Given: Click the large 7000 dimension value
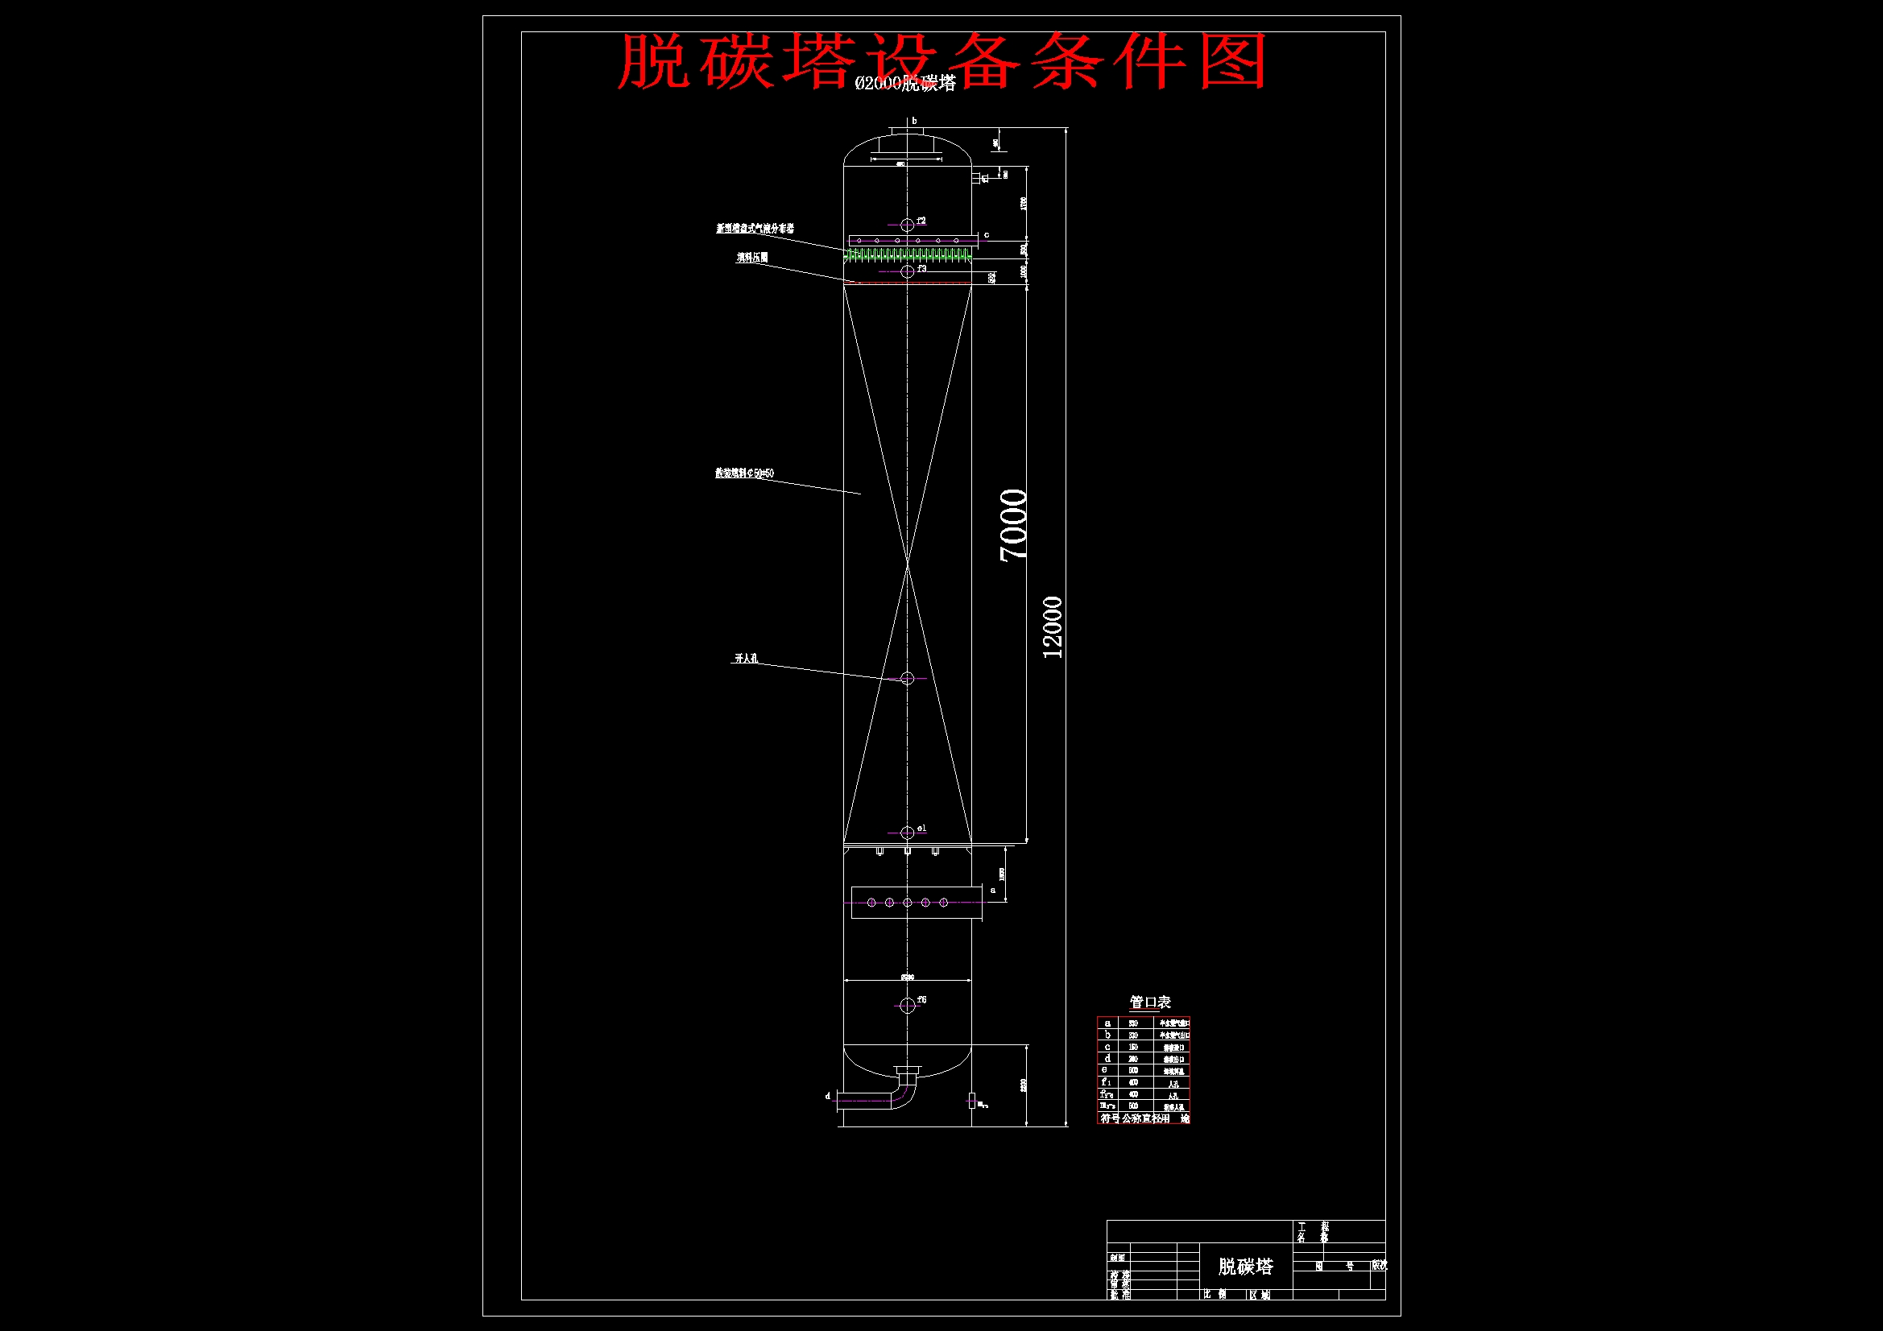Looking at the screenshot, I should click(1014, 525).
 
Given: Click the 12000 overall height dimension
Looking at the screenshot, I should click(1052, 627).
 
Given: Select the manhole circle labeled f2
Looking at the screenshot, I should click(907, 225).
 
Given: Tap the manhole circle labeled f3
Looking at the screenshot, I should click(907, 271).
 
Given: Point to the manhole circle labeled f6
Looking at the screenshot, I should click(907, 1006).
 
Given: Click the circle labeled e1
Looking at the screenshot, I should click(907, 833).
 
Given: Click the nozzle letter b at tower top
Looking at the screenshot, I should click(914, 122).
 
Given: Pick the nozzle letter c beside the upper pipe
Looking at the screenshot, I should click(987, 235).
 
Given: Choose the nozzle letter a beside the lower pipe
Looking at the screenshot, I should click(993, 890).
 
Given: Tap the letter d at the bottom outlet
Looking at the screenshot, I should click(827, 1096).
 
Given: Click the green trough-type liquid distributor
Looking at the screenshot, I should click(908, 255).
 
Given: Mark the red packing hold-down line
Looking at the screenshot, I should click(908, 283).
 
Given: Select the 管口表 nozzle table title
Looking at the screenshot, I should click(1150, 1002).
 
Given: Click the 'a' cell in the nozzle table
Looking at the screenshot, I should click(1107, 1023).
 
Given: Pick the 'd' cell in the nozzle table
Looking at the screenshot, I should click(1107, 1059).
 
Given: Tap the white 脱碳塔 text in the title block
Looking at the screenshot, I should click(1246, 1267).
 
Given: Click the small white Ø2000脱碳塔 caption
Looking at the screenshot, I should click(905, 84).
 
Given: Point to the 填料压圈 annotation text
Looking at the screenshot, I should click(752, 258).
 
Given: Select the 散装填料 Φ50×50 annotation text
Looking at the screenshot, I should click(745, 473).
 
